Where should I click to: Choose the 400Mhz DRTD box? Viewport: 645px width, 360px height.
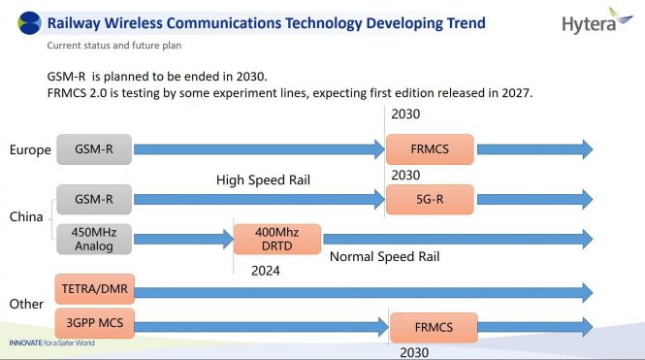(x=277, y=239)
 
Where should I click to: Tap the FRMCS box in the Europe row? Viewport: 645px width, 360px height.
(x=429, y=149)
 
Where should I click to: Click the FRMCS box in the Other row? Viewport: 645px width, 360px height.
(x=434, y=327)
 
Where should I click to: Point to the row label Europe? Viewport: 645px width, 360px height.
(x=29, y=149)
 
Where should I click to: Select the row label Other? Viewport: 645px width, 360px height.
(x=26, y=304)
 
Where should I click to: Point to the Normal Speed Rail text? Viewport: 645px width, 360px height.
(x=385, y=257)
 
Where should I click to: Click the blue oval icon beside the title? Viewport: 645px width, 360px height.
(x=30, y=22)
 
